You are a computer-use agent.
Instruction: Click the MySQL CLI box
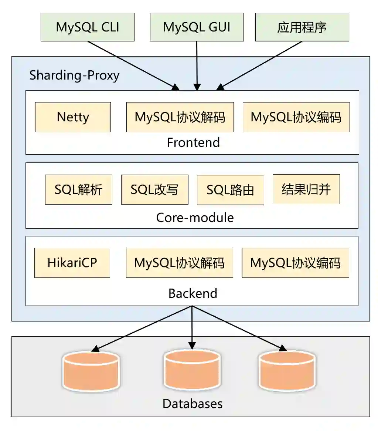(88, 27)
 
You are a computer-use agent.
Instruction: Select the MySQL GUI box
(197, 27)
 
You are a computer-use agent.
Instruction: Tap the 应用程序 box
(302, 27)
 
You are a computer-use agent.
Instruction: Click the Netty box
(73, 117)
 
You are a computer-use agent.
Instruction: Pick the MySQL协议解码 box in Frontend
(180, 117)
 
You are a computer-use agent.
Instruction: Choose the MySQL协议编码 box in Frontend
(296, 117)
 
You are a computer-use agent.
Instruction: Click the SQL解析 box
(78, 189)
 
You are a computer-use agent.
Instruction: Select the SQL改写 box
(154, 189)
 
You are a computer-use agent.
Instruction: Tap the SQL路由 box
(230, 190)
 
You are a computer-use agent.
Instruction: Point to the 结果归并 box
(306, 189)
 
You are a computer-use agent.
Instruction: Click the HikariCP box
(72, 263)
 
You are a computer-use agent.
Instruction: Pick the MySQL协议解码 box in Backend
(179, 263)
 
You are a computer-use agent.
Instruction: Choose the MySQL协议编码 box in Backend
(295, 263)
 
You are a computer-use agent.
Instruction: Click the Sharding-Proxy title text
(74, 75)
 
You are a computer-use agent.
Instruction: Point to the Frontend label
(193, 142)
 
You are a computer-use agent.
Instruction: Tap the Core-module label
(195, 217)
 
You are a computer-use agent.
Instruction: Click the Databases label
(193, 403)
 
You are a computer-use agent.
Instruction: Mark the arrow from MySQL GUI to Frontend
(197, 65)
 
